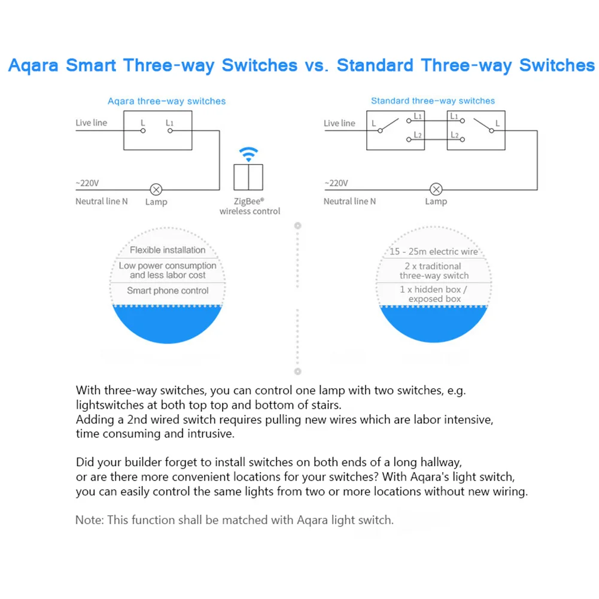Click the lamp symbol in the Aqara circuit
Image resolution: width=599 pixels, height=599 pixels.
coord(156,190)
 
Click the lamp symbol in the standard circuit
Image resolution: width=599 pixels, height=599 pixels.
coord(436,190)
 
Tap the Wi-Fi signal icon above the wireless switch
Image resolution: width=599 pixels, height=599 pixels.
coord(248,154)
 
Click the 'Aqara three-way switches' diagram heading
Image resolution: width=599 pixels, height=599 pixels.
coord(166,101)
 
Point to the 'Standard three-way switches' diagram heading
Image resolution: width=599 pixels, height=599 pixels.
coord(433,101)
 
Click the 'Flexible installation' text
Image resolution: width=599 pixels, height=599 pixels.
coord(168,250)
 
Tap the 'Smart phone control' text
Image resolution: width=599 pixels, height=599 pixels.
coord(168,291)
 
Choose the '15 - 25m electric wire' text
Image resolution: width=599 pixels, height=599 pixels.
coord(434,252)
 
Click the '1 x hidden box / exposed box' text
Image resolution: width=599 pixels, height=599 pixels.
coord(434,294)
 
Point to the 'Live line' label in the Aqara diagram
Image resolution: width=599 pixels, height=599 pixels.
coord(91,123)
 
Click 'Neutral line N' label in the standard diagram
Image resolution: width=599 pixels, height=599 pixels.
coord(349,202)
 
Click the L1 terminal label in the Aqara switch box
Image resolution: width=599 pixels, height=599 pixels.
coord(170,123)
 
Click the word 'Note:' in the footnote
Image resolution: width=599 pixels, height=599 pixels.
coord(89,520)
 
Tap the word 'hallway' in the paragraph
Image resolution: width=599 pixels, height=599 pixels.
coord(443,463)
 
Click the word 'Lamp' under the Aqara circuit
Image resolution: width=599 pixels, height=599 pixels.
coord(156,202)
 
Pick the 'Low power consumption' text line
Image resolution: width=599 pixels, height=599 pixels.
coord(168,266)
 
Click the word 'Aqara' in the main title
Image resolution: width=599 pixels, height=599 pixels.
coord(34,65)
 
